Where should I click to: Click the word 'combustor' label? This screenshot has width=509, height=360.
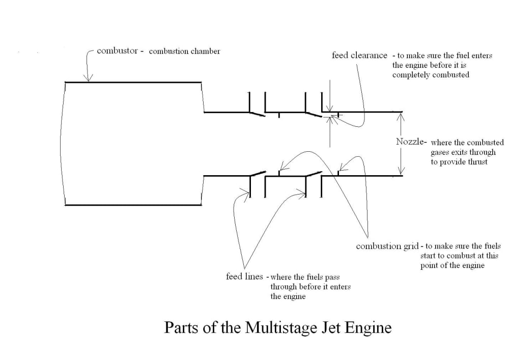[x=117, y=51]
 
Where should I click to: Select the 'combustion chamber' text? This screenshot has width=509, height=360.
[x=184, y=51]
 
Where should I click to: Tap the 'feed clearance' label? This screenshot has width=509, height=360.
[x=359, y=55]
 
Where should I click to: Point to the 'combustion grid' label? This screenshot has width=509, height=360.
[x=387, y=246]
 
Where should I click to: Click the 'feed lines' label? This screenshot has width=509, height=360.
[x=244, y=276]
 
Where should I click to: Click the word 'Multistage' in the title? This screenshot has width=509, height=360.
[x=281, y=327]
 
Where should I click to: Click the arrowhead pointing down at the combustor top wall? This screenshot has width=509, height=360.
[x=88, y=77]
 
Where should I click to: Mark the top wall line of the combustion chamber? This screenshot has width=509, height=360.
[x=133, y=82]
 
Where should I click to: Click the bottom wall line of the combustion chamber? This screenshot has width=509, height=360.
[x=133, y=205]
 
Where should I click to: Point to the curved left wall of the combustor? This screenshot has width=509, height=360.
[x=61, y=144]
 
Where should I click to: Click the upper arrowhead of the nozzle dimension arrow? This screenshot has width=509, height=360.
[x=401, y=116]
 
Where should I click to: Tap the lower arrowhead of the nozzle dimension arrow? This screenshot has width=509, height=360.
[x=402, y=171]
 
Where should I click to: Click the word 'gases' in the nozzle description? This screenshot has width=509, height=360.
[x=440, y=153]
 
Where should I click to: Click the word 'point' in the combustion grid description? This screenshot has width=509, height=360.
[x=429, y=265]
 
